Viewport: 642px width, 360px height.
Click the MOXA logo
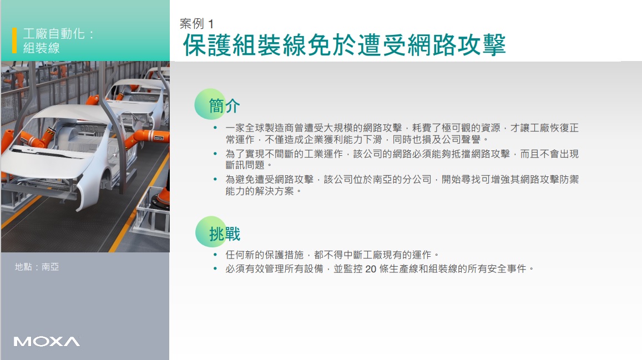[47, 342]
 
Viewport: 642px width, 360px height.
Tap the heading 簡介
[224, 106]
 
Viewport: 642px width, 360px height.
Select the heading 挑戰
[224, 234]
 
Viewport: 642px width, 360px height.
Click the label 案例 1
[196, 24]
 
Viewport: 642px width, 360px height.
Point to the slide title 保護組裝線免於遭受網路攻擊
[345, 44]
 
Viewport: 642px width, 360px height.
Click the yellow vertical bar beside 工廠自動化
[14, 40]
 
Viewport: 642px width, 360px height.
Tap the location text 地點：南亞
[37, 267]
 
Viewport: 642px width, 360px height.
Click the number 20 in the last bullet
[371, 269]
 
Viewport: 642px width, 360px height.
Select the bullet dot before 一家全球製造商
[215, 128]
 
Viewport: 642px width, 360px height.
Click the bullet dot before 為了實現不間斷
[215, 154]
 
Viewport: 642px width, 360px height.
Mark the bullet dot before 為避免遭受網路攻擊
[215, 179]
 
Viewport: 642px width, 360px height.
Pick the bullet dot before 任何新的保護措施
[215, 255]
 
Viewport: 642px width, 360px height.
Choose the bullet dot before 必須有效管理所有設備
[215, 269]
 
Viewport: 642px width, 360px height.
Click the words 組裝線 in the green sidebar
[42, 48]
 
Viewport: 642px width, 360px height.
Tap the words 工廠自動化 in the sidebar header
[54, 33]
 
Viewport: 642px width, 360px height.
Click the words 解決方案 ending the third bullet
[274, 191]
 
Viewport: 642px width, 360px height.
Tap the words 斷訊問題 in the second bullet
[245, 165]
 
